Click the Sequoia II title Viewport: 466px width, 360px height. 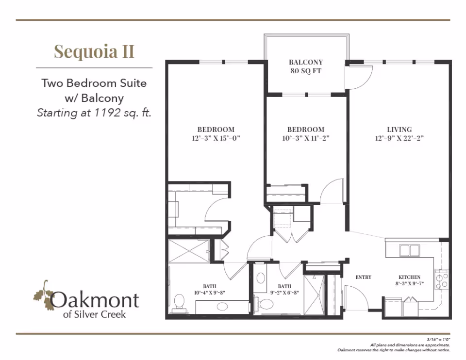coord(94,52)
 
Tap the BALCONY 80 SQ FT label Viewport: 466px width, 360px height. coord(306,66)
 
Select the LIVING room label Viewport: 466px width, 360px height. coord(399,130)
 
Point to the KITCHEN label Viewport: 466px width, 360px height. coord(410,277)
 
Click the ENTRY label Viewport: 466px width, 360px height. coord(364,277)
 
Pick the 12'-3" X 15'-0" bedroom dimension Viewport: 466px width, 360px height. coord(216,138)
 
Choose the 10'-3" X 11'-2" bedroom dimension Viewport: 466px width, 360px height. coord(306,138)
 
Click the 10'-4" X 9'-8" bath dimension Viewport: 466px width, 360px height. coord(210,293)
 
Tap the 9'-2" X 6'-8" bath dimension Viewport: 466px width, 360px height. coord(284,293)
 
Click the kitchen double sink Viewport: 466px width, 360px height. coord(410,250)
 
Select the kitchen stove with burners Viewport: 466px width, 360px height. coord(441,279)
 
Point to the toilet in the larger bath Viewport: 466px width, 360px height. coord(179,303)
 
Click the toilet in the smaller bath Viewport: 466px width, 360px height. coord(266,304)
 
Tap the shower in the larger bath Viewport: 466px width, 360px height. coord(189,251)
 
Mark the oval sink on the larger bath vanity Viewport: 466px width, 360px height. coord(222,307)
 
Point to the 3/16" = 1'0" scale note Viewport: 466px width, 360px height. coord(438,339)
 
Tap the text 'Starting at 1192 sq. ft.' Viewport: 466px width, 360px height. coord(94,113)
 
